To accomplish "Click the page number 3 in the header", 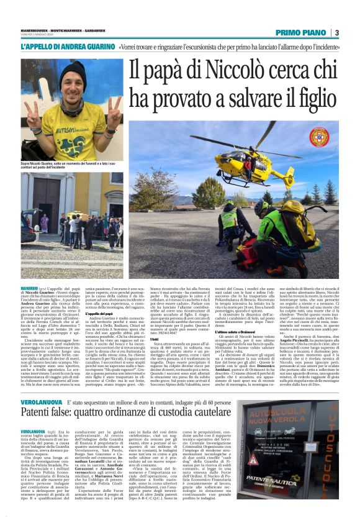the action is [x=336, y=32].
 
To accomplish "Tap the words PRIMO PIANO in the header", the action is [x=301, y=32].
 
